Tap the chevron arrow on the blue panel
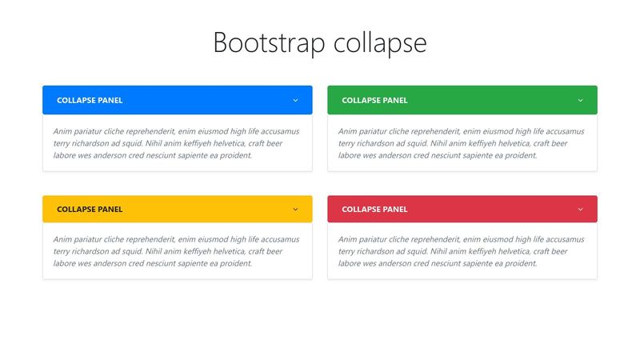pos(295,101)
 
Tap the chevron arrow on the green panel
pos(581,101)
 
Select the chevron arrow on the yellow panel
pos(295,210)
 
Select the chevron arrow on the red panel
pos(581,210)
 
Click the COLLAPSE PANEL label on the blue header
pos(90,101)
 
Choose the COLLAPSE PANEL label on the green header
pos(374,101)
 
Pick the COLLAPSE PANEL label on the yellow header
pos(90,210)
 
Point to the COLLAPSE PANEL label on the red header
pos(374,210)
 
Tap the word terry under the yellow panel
pos(62,251)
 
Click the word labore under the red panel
pos(350,263)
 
